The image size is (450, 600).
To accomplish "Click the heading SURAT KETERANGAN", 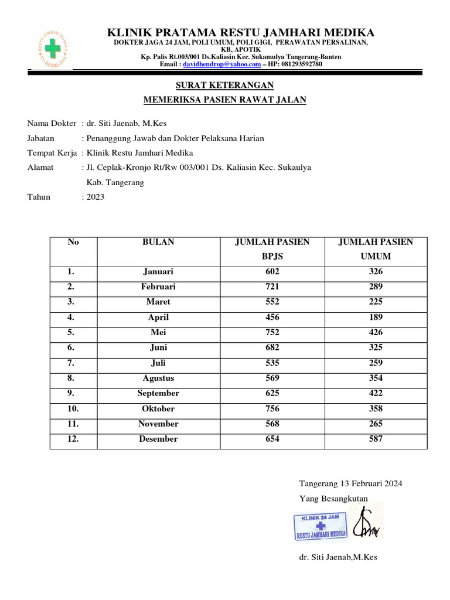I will pyautogui.click(x=225, y=86).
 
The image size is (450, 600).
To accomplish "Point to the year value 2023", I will pyautogui.click(x=95, y=197).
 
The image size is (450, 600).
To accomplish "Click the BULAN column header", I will pyautogui.click(x=158, y=242).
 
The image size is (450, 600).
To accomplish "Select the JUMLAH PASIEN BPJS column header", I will pyautogui.click(x=272, y=249).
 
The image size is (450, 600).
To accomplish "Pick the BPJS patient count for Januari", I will pyautogui.click(x=272, y=272).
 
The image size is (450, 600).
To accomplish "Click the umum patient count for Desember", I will pyautogui.click(x=376, y=439).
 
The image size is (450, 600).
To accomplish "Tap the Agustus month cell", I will pyautogui.click(x=158, y=379).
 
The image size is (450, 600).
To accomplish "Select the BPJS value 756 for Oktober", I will pyautogui.click(x=272, y=409).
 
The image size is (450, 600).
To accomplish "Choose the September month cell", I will pyautogui.click(x=158, y=394).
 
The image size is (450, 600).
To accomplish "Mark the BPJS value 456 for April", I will pyautogui.click(x=272, y=318).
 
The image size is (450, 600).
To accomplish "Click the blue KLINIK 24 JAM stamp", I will pyautogui.click(x=321, y=526).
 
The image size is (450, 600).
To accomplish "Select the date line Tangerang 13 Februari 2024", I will pyautogui.click(x=350, y=484).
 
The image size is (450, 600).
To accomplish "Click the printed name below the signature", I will pyautogui.click(x=338, y=557).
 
